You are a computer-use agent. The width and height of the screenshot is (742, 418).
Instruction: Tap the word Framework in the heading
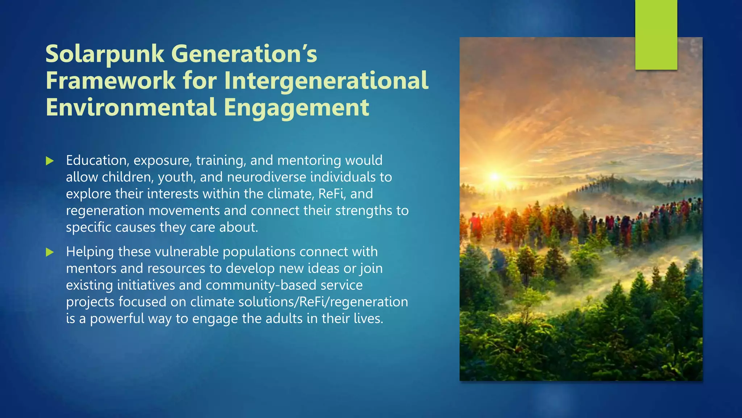point(111,81)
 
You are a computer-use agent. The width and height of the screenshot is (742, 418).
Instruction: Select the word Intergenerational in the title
point(326,81)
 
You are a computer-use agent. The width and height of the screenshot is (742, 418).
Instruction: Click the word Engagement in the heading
point(296,108)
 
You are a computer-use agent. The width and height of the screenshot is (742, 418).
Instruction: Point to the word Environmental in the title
point(131,108)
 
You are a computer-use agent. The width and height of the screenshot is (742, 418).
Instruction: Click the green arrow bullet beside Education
point(50,161)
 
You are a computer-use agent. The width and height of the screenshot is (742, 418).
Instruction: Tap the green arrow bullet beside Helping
point(50,252)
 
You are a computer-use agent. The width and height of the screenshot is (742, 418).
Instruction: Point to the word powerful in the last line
point(117,319)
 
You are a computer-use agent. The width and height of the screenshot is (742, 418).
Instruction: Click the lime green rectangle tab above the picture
point(656,35)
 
